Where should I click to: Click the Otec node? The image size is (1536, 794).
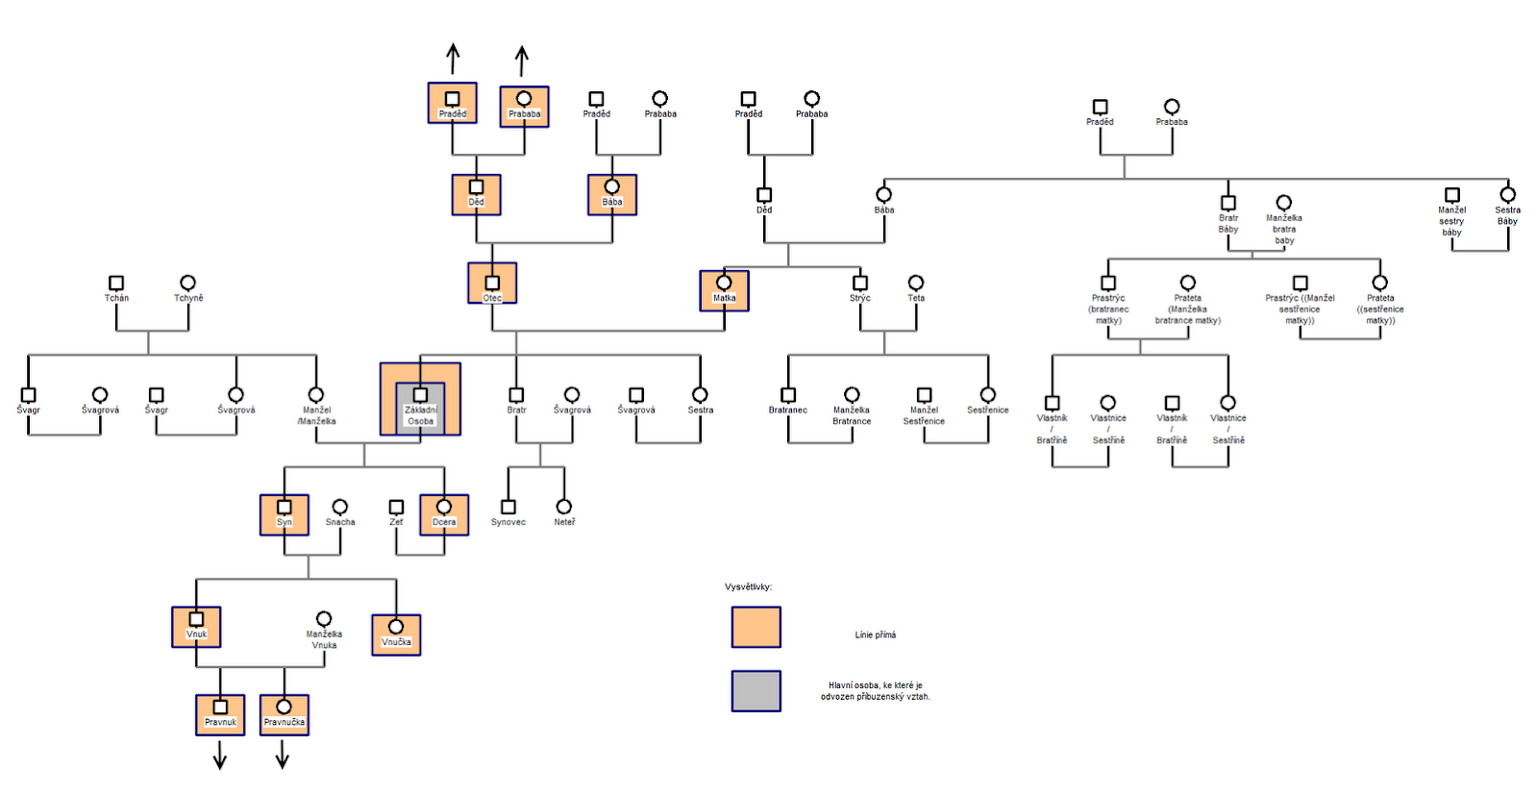pyautogui.click(x=492, y=284)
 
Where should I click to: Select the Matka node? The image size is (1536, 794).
pyautogui.click(x=724, y=290)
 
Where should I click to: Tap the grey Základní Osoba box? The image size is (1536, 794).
pyautogui.click(x=420, y=408)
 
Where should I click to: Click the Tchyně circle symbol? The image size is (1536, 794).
pyautogui.click(x=188, y=283)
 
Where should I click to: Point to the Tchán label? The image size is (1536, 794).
pyautogui.click(x=116, y=298)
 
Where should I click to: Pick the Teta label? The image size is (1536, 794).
pyautogui.click(x=916, y=298)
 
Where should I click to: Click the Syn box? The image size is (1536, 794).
pyautogui.click(x=285, y=514)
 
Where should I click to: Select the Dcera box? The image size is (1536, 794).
pyautogui.click(x=444, y=514)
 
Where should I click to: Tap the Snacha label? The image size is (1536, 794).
pyautogui.click(x=340, y=522)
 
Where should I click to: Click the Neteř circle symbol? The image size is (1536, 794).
pyautogui.click(x=564, y=507)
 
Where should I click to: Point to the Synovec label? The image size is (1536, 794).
pyautogui.click(x=508, y=522)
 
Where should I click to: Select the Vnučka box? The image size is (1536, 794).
pyautogui.click(x=396, y=634)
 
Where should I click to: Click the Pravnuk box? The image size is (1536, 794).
pyautogui.click(x=220, y=714)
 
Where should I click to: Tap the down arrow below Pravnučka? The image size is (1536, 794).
pyautogui.click(x=283, y=757)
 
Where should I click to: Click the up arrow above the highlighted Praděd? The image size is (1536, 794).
pyautogui.click(x=453, y=59)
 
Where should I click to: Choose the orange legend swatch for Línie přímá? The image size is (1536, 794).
pyautogui.click(x=756, y=627)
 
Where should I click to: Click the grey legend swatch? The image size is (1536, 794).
pyautogui.click(x=756, y=690)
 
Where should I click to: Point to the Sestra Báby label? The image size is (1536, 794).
pyautogui.click(x=1507, y=215)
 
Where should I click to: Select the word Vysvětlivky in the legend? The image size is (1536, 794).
pyautogui.click(x=748, y=586)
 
